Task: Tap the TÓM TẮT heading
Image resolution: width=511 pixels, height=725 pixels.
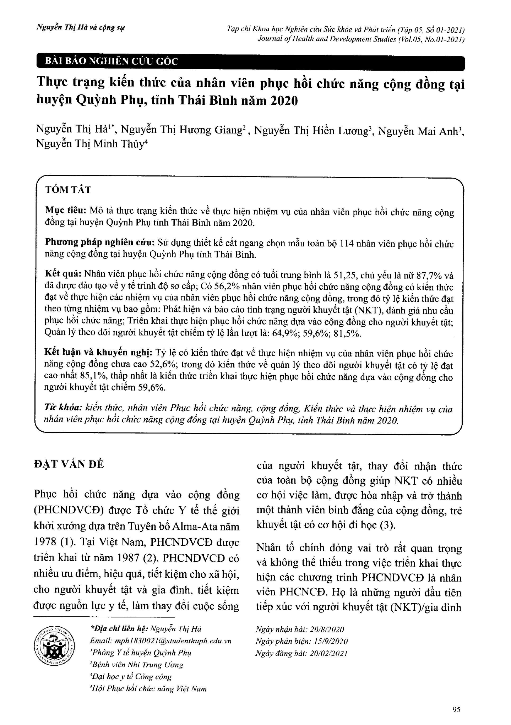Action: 68,190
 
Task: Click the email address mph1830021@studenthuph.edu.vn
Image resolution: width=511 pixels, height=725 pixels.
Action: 161,641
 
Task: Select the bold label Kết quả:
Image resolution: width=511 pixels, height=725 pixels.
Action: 64,275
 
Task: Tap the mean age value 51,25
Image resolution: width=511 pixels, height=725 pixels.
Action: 346,276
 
